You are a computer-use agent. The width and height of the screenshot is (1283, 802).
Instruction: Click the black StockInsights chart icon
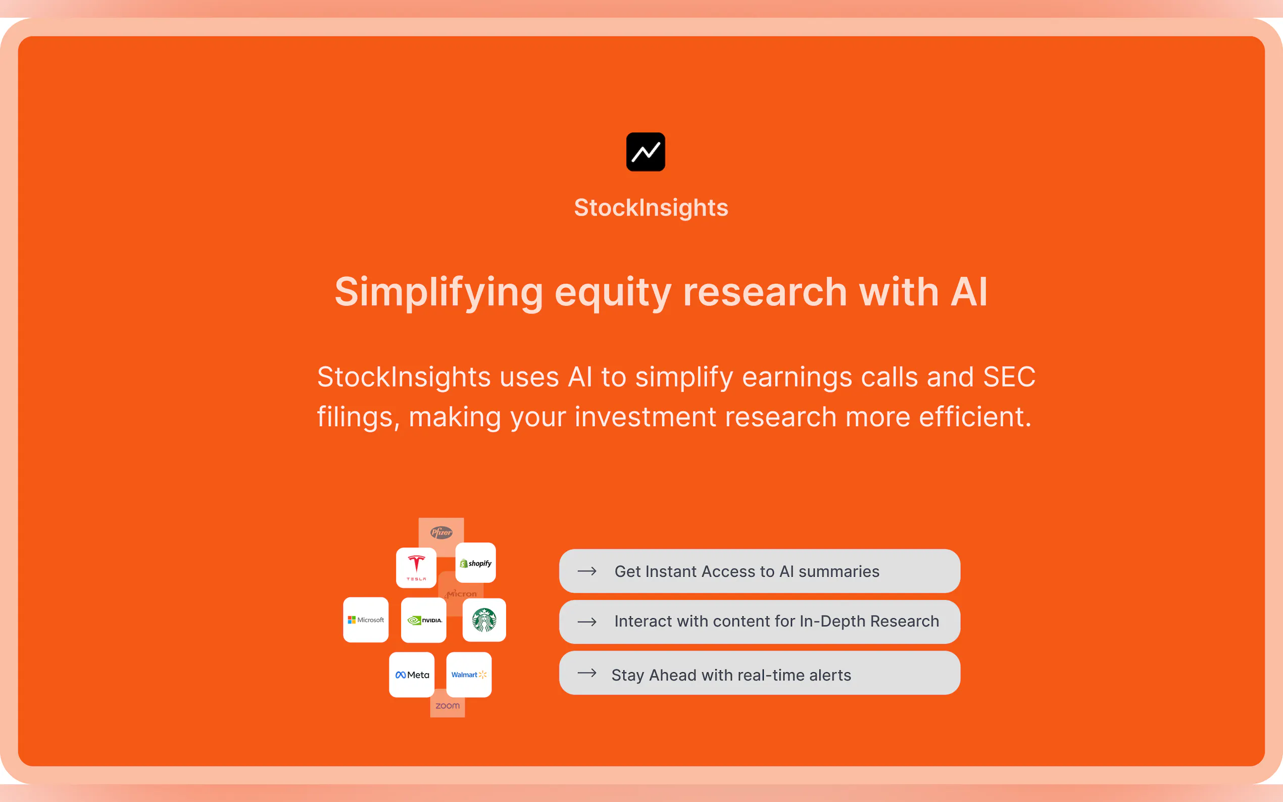(x=646, y=152)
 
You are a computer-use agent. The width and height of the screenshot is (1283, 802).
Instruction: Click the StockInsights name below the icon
(x=651, y=208)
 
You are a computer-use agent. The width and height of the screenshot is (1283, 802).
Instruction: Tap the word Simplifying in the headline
(x=438, y=292)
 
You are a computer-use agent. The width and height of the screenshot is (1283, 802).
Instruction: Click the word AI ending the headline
(x=968, y=292)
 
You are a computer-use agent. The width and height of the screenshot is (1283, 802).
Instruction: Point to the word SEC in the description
(x=1009, y=377)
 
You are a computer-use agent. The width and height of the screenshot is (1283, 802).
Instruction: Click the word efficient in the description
(x=975, y=417)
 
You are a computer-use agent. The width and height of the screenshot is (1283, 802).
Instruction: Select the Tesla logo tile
(x=416, y=568)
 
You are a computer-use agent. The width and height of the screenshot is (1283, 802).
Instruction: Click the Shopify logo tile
(x=476, y=563)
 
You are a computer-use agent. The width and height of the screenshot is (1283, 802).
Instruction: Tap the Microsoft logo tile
(x=366, y=620)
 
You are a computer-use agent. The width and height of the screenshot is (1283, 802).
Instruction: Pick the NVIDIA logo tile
(x=424, y=620)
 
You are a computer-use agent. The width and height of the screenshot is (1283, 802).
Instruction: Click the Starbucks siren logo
(x=484, y=620)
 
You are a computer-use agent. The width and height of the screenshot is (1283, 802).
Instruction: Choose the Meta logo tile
(x=412, y=675)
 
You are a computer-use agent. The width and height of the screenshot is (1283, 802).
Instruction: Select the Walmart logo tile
(x=469, y=675)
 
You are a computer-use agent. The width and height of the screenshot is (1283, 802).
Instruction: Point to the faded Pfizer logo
(x=441, y=532)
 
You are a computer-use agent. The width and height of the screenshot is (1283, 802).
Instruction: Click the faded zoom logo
(x=448, y=706)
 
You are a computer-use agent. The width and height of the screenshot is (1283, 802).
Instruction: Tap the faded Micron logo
(x=461, y=594)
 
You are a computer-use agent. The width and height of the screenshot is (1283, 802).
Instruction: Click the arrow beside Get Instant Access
(x=587, y=571)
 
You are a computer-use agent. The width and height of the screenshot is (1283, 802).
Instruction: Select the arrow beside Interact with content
(x=587, y=622)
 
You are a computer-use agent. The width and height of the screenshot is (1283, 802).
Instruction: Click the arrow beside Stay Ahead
(x=587, y=673)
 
